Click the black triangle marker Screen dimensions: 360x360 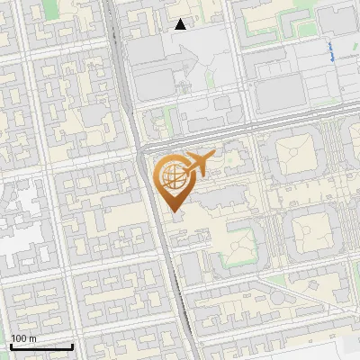point(181,24)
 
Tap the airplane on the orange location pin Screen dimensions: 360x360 point(195,164)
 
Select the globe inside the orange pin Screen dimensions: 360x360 point(171,175)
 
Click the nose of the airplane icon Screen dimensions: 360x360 point(212,157)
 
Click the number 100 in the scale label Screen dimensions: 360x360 point(19,337)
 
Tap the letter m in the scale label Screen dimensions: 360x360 point(33,337)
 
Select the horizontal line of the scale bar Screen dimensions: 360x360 point(41,346)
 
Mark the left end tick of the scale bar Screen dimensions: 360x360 point(11,345)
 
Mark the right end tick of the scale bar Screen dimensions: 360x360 point(72,345)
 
